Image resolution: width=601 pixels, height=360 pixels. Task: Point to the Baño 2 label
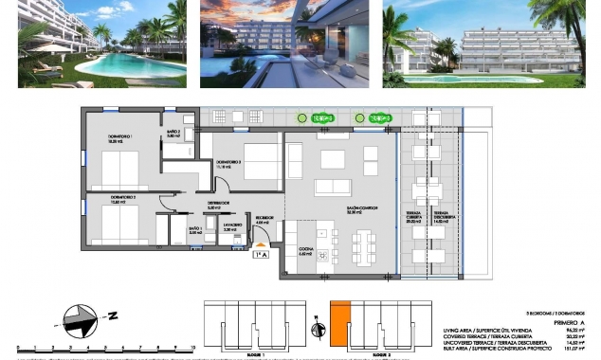click(x=173, y=134)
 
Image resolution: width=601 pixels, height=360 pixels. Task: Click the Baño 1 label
click(x=194, y=230)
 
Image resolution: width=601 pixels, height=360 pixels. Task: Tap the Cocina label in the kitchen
click(x=305, y=251)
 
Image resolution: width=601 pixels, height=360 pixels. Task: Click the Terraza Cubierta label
click(x=413, y=216)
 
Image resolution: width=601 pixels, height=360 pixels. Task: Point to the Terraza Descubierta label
click(x=439, y=216)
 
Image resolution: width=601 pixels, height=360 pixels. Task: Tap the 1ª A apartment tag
click(x=261, y=254)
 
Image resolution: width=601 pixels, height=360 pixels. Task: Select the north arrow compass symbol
click(x=80, y=316)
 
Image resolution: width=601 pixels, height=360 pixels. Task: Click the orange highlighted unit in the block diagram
click(x=340, y=320)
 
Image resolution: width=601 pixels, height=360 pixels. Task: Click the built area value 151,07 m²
click(x=576, y=348)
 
